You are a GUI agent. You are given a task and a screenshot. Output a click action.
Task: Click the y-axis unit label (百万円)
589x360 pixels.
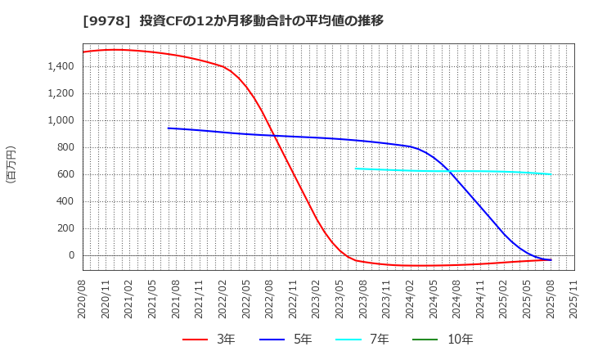pos(11,164)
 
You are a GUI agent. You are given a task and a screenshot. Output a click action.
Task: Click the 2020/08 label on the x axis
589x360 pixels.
pos(83,298)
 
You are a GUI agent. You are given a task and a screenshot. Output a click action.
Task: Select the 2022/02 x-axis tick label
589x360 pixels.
pos(223,298)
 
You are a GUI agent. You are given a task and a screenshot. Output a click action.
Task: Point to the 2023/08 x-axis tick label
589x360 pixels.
pos(363,298)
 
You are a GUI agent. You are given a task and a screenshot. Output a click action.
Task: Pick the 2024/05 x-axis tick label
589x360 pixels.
pos(434,298)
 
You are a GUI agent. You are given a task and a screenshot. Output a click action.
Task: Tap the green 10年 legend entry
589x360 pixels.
pos(447,340)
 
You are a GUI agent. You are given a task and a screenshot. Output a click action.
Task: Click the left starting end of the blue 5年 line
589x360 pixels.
pos(168,128)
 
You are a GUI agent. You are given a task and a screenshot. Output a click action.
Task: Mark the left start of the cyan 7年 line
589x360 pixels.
pos(355,169)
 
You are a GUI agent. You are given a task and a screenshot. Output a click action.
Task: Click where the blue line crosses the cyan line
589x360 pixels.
pos(448,171)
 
